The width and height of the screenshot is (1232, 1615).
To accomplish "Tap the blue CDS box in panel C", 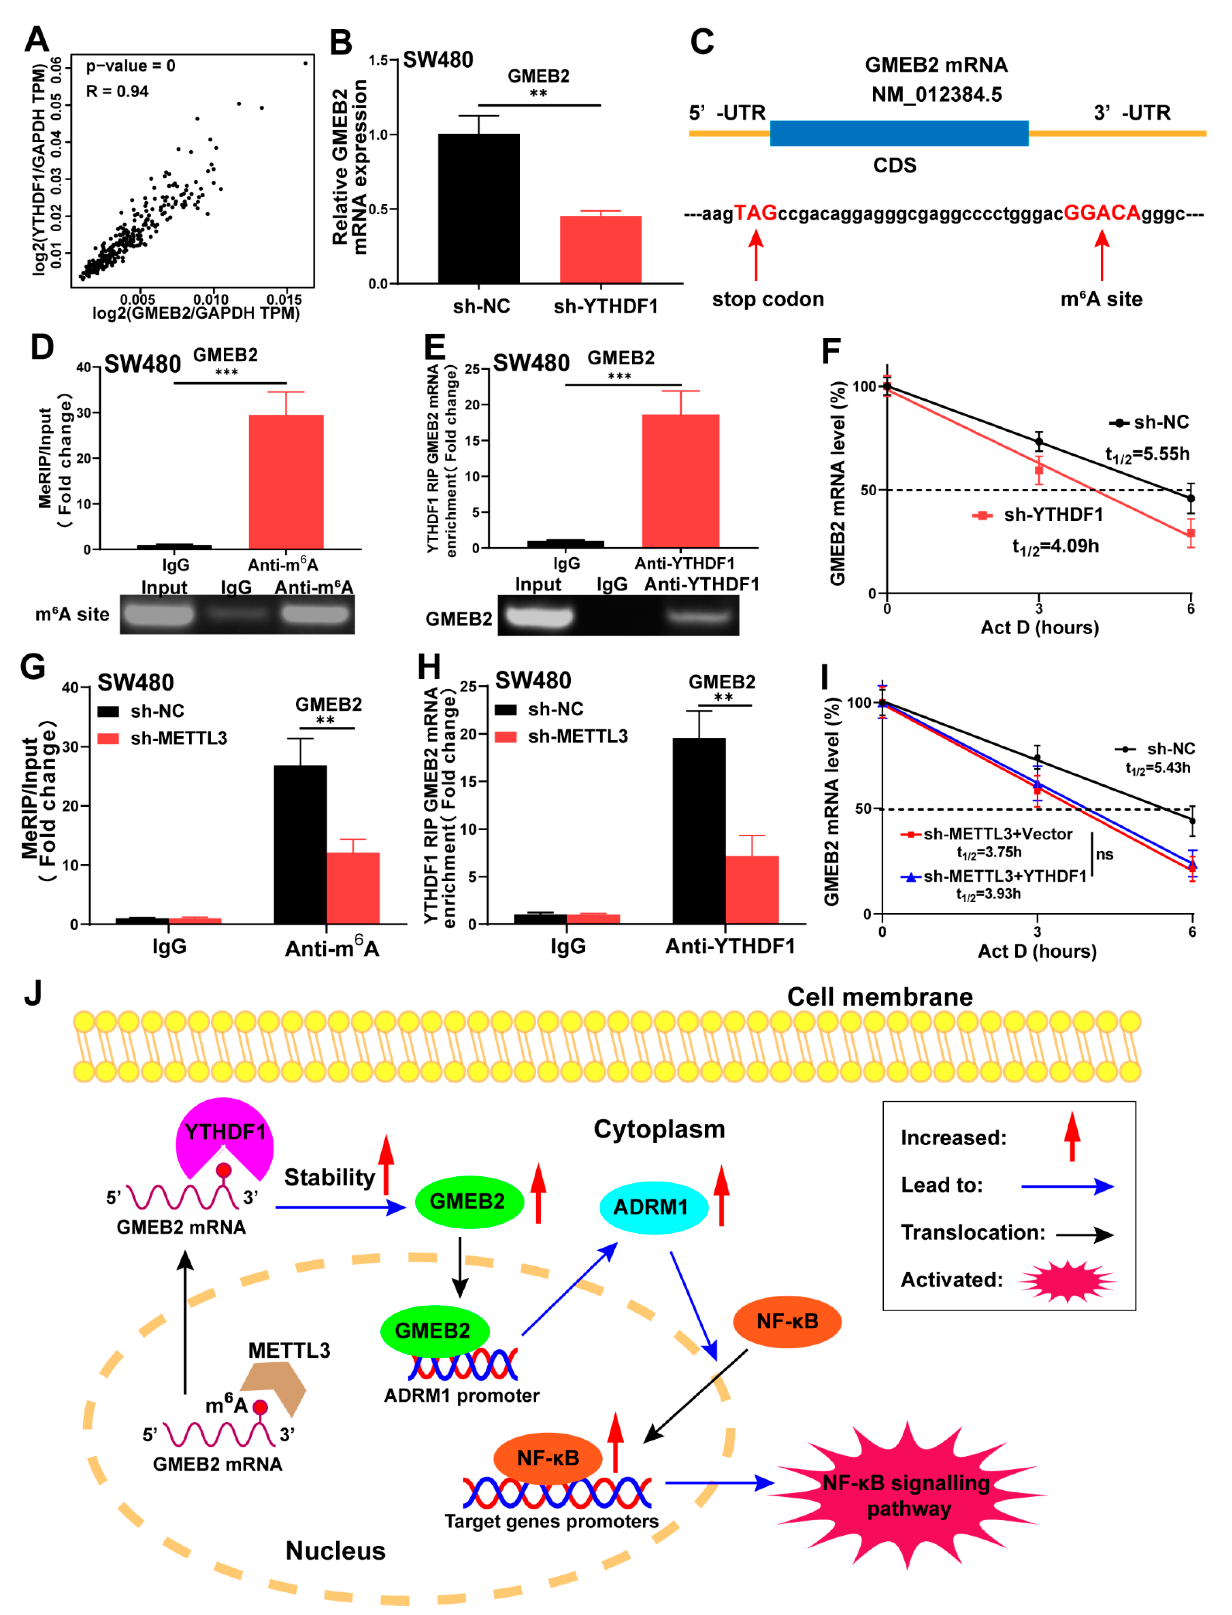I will [898, 133].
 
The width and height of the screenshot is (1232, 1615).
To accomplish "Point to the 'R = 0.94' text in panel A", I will [117, 92].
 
